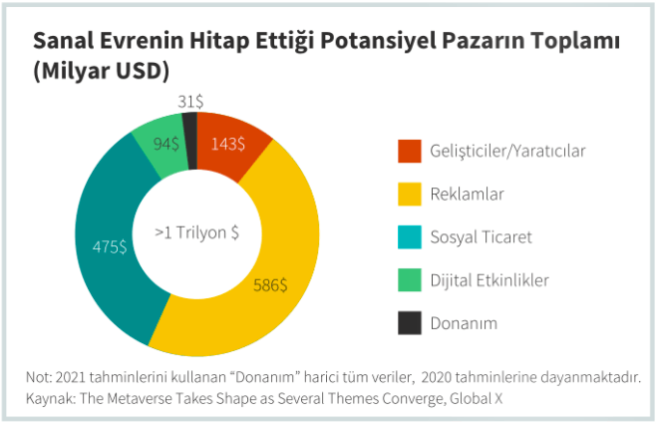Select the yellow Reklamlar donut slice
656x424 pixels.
(x=269, y=289)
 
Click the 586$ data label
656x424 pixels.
(x=269, y=284)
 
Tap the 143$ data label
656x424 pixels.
(x=227, y=144)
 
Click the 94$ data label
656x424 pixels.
(x=165, y=144)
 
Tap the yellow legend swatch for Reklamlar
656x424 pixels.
(x=409, y=194)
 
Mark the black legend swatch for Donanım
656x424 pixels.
(x=409, y=323)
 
